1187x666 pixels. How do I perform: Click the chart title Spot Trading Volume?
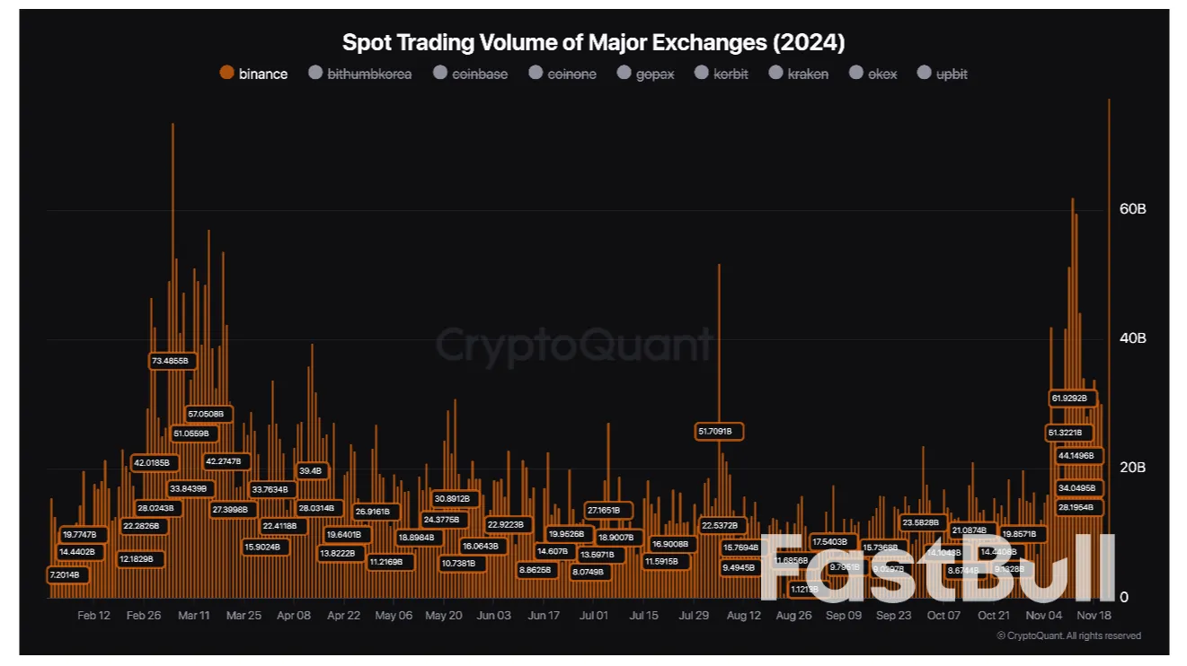point(593,42)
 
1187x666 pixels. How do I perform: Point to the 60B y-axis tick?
point(1131,209)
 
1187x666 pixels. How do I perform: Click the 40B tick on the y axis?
point(1131,338)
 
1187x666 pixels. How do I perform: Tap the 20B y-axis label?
point(1131,468)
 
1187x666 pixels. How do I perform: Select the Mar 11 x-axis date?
point(194,616)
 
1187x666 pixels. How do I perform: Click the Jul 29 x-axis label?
point(694,616)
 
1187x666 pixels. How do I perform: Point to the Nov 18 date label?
point(1094,616)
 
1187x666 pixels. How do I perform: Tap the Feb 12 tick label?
point(94,616)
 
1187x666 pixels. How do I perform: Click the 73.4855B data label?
point(170,361)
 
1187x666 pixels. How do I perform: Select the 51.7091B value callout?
point(721,432)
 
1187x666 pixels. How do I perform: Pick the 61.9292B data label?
point(1069,398)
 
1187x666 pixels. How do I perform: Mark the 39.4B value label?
point(310,470)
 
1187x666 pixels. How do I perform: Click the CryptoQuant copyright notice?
point(1069,635)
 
